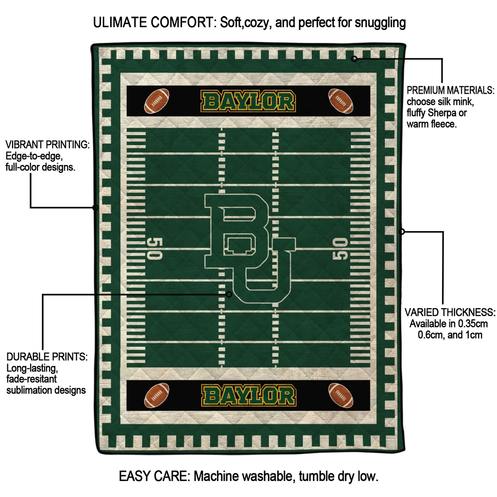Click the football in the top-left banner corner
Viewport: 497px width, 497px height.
157,100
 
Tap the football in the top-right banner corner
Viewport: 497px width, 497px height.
340,100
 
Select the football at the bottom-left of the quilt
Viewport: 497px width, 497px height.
157,395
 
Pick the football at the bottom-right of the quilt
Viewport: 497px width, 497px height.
340,395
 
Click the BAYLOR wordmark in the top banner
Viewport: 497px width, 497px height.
248,101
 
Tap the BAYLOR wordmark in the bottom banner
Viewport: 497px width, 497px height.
249,396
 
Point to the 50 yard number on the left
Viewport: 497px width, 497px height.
155,248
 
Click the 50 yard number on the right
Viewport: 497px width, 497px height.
340,249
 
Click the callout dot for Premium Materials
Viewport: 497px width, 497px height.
354,59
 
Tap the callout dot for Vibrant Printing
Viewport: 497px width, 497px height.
96,208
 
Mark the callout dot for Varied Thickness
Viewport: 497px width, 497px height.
401,232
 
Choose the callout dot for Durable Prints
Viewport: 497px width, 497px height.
229,295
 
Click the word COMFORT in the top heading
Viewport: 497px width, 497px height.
183,22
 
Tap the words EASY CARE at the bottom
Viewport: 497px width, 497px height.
154,476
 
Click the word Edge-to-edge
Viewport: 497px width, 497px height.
34,156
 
